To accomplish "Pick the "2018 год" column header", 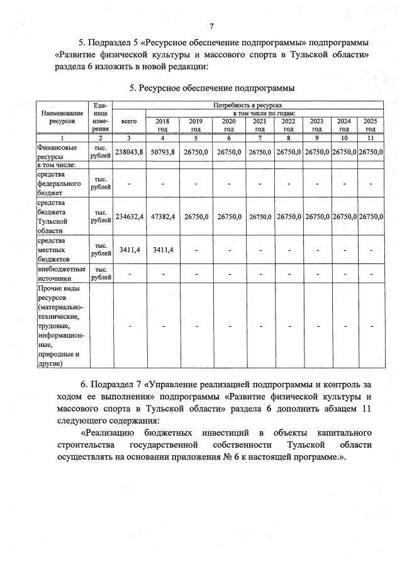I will (x=162, y=124).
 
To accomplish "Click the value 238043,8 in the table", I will (x=130, y=152).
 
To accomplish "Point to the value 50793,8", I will (x=162, y=152).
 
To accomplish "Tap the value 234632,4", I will (x=130, y=216).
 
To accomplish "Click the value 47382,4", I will (x=162, y=216).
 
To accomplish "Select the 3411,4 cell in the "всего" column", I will (x=130, y=250).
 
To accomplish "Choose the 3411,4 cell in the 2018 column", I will (x=162, y=250).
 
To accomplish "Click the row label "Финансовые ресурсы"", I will (x=57, y=151).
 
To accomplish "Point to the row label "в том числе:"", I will (x=57, y=165).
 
